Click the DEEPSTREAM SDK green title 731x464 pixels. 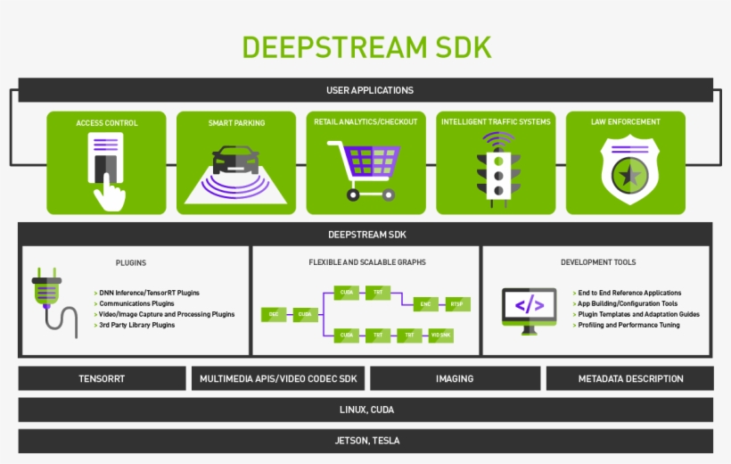[x=365, y=46]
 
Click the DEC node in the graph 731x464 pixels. [x=273, y=314]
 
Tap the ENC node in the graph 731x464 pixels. [x=425, y=304]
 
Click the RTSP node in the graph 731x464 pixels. [x=457, y=304]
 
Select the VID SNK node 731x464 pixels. [x=439, y=336]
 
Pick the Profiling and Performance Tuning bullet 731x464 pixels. [x=628, y=325]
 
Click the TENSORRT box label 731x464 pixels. [x=102, y=378]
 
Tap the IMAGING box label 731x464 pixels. [x=455, y=378]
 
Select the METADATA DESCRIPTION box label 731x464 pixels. [x=630, y=378]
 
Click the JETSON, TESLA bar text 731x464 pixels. [x=365, y=441]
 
